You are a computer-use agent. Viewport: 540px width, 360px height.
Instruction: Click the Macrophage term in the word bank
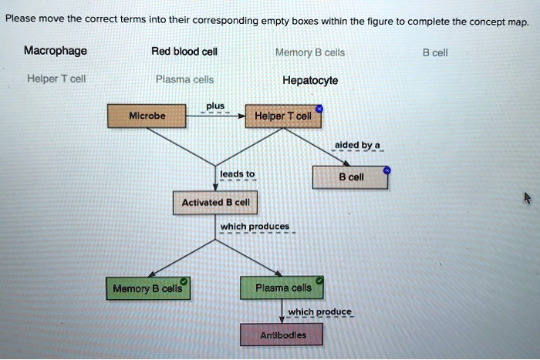coord(55,52)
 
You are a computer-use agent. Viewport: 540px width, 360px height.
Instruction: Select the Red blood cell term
coord(184,52)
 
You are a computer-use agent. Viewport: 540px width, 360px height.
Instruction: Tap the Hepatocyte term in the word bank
coord(309,79)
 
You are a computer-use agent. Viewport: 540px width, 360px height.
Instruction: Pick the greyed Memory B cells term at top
coord(309,53)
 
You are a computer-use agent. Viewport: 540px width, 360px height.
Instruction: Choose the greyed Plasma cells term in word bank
coord(184,79)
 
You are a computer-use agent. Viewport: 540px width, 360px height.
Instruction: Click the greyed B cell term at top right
coord(435,53)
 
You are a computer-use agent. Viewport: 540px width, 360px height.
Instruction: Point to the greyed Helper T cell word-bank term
coord(56,79)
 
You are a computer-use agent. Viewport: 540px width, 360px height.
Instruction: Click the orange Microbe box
coord(147,116)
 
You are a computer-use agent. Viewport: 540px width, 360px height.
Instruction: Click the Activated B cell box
coord(215,203)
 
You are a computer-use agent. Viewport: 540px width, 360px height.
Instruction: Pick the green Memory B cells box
coord(147,288)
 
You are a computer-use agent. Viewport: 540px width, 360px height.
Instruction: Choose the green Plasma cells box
coord(282,288)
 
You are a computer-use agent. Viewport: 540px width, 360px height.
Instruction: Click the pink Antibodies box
coord(282,335)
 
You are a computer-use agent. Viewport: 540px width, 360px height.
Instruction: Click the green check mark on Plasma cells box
coord(319,279)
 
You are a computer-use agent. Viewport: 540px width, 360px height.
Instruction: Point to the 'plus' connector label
coord(215,106)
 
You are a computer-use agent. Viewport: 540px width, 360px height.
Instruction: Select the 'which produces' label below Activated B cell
coord(255,226)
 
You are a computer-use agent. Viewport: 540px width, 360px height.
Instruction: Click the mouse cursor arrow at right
coord(528,197)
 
